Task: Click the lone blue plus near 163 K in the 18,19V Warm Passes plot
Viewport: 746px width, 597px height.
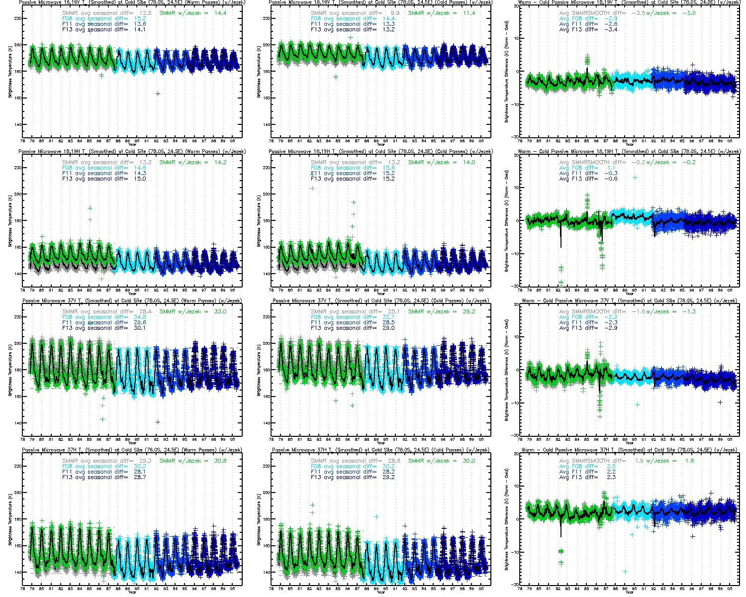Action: (x=157, y=94)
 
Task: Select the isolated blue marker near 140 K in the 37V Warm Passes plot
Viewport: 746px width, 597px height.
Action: (x=157, y=422)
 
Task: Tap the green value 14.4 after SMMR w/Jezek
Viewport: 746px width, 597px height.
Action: (x=220, y=13)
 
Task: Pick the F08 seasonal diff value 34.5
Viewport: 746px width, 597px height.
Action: (x=140, y=317)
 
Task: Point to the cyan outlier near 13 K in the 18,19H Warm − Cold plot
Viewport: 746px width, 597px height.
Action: (x=635, y=178)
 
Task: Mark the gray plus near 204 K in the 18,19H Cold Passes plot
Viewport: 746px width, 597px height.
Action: (x=312, y=189)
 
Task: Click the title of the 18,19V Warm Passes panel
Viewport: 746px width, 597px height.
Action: (x=132, y=2)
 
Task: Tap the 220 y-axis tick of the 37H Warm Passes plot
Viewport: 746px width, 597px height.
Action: (x=18, y=466)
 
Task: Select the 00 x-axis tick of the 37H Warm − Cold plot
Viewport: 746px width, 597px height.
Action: (x=730, y=588)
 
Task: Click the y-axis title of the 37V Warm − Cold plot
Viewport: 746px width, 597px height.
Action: (x=506, y=370)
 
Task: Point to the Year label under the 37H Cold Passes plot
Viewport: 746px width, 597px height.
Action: (x=380, y=592)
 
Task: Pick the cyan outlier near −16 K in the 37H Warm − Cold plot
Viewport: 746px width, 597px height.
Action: (x=625, y=572)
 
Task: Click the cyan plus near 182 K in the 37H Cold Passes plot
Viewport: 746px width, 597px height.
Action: (x=376, y=517)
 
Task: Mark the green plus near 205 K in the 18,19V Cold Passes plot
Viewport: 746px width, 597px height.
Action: (x=350, y=38)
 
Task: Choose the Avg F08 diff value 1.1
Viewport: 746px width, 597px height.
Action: (x=611, y=168)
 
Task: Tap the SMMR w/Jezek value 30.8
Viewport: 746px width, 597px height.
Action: (x=220, y=461)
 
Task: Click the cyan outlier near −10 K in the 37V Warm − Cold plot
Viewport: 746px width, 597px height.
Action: (x=637, y=404)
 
